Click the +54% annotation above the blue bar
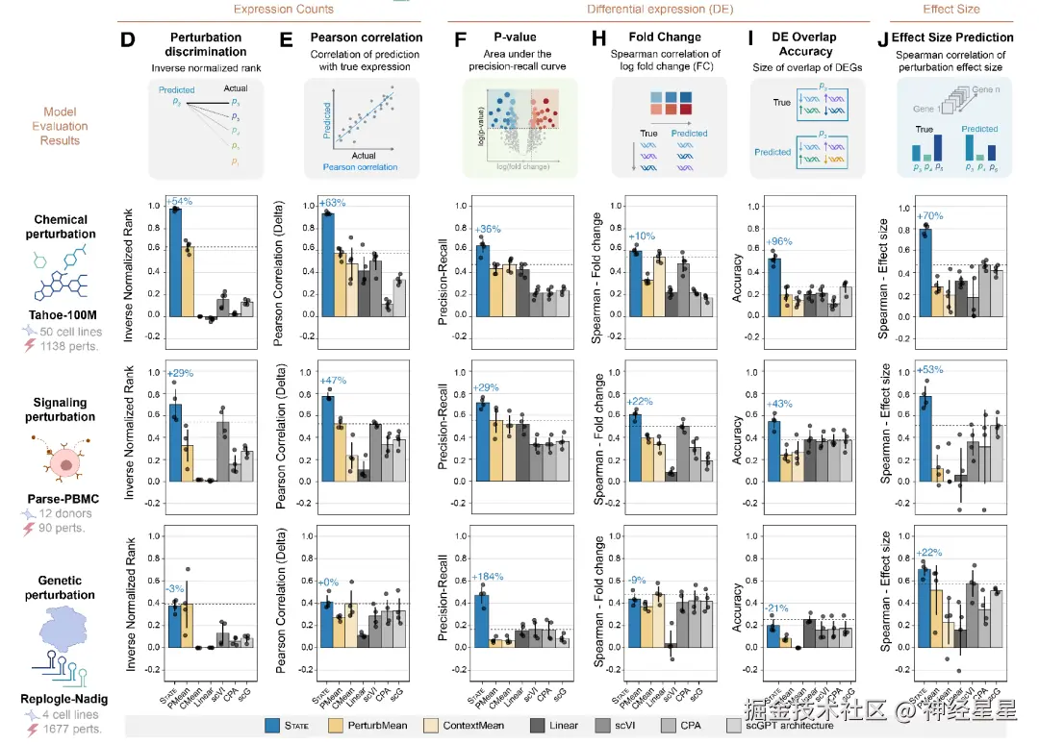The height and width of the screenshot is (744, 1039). [178, 203]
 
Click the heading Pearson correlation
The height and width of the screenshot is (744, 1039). [354, 38]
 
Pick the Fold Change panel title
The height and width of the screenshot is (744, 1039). [665, 37]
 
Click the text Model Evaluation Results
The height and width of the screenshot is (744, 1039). [59, 126]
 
